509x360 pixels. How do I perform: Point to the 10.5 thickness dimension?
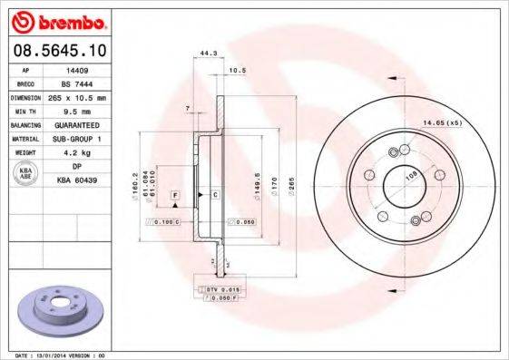[x=238, y=70]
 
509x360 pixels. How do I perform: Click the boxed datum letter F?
[x=173, y=195]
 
